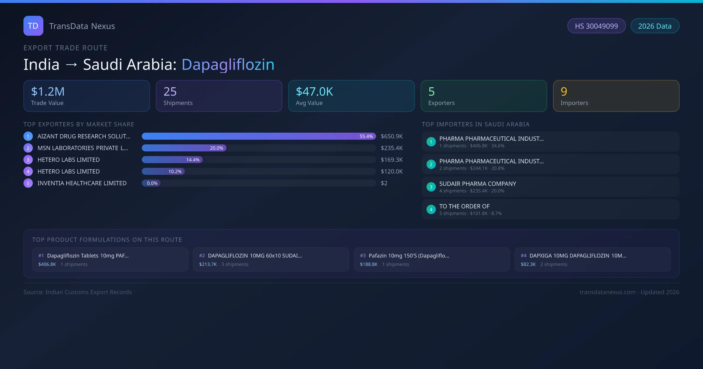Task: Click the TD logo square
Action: pos(33,26)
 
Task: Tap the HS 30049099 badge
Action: pos(596,26)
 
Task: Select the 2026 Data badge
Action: pos(655,26)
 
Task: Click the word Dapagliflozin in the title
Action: pos(228,65)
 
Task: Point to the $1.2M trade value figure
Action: pos(48,92)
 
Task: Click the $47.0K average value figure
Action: pos(314,92)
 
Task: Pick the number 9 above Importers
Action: pos(564,92)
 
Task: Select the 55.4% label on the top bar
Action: pos(366,136)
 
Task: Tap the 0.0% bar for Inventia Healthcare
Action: pos(151,183)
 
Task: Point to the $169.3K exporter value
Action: pos(392,160)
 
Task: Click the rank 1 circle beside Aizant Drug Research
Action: pos(28,136)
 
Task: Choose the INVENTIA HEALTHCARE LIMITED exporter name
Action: pos(82,183)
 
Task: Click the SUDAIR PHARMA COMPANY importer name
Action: pos(477,184)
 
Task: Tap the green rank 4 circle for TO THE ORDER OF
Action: pos(431,210)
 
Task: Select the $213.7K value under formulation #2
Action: pos(208,264)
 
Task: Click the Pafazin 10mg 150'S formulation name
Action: pos(409,256)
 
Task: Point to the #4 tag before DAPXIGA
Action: pos(523,256)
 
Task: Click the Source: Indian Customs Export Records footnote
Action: pos(78,292)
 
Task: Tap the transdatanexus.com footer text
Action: pos(608,292)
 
